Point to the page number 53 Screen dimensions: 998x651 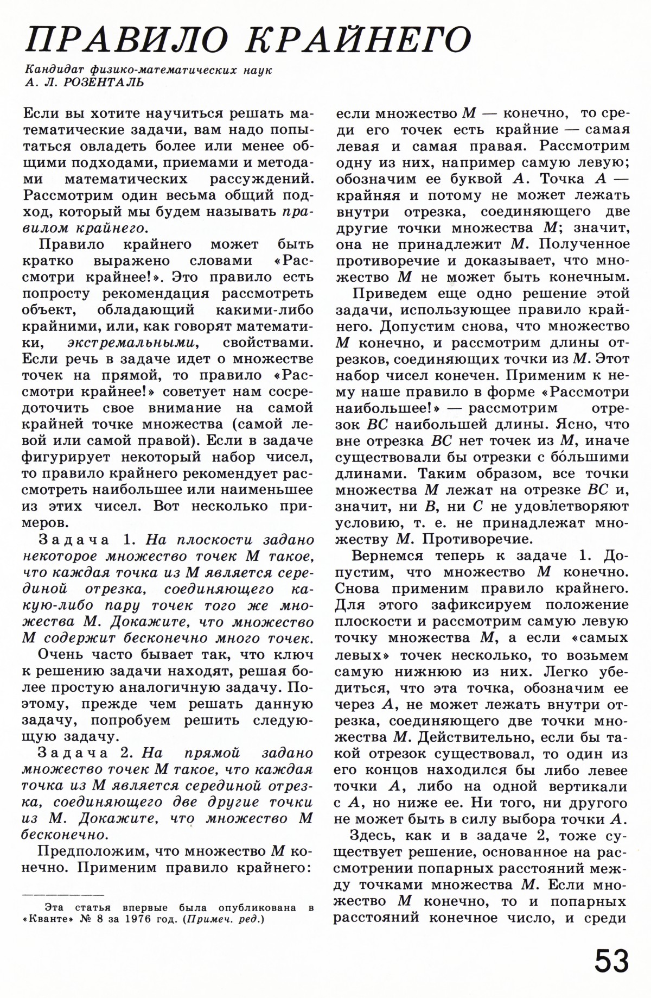pos(611,962)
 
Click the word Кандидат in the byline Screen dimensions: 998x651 pos(48,71)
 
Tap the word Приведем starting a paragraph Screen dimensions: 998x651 pos(387,294)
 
